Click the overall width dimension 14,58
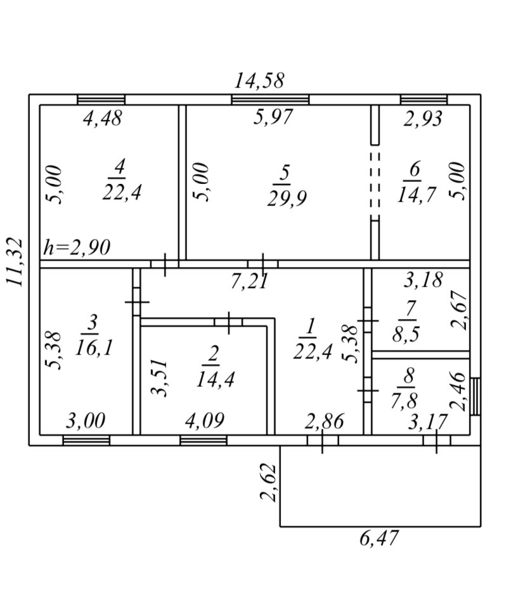coord(259,81)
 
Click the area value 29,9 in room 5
coord(285,199)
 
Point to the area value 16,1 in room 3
coord(93,347)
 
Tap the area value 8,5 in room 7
coord(405,334)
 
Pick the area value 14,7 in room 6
coord(417,194)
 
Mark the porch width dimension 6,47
coord(379,539)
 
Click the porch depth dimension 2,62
coord(269,483)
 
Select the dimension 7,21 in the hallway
coord(249,281)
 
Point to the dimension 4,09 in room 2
coord(205,421)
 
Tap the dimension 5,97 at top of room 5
coord(273,117)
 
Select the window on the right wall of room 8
coord(475,396)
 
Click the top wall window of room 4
coord(101,100)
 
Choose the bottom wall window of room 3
coord(86,440)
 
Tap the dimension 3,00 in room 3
coord(86,421)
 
